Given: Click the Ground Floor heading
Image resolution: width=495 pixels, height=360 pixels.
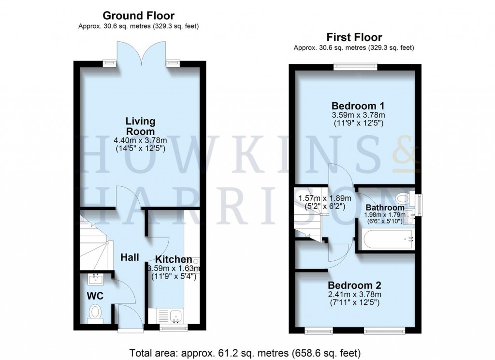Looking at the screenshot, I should pos(139,16).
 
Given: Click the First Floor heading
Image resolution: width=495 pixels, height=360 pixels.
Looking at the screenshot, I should pos(354,37).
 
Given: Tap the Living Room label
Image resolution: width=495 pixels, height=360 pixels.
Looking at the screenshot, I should pos(140,126).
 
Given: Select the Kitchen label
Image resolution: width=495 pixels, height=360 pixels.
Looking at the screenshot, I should pos(174,260).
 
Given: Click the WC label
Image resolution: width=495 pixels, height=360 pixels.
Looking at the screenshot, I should pos(96,295).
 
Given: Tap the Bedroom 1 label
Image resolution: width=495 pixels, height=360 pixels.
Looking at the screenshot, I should pos(354,106).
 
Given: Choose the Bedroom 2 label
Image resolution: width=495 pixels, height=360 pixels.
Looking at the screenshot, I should pos(354,285).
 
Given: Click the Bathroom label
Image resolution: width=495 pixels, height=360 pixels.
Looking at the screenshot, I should pos(385,208).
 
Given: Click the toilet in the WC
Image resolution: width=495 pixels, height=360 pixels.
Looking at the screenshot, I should pos(96,312).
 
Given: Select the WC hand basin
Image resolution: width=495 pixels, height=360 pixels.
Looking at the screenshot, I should pos(95,279).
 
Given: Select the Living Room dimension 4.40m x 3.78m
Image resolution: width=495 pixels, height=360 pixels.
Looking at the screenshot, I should pos(140,141).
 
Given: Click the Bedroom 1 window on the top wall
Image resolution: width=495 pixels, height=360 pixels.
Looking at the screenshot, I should pos(354,67).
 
